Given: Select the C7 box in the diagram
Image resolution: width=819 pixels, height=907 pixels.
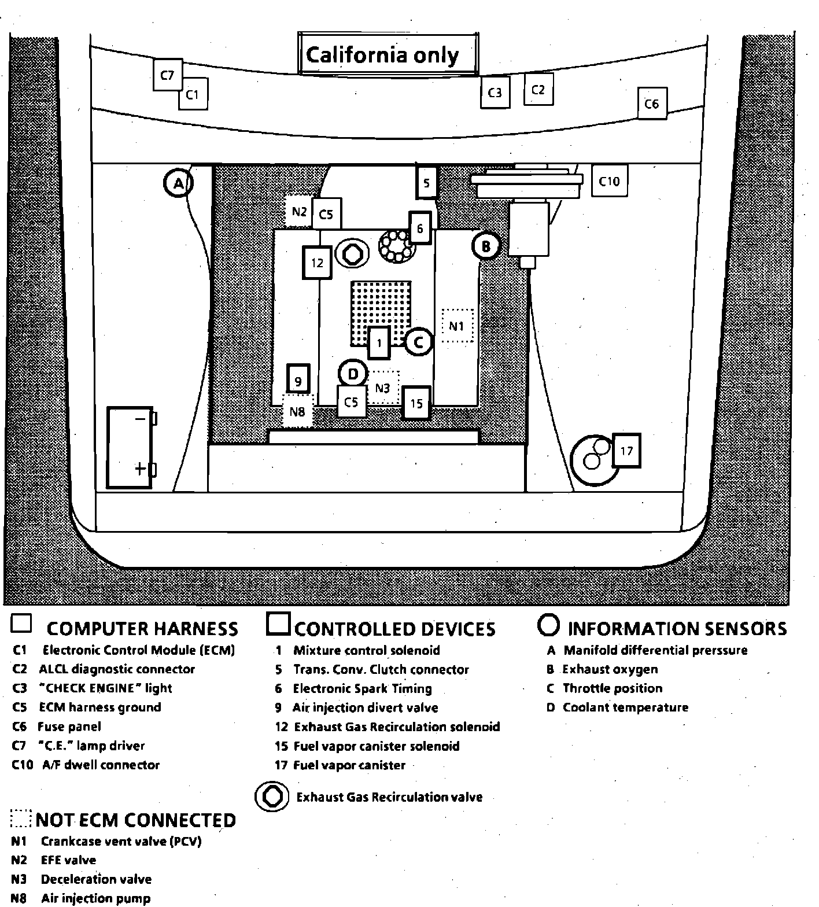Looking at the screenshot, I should (167, 75).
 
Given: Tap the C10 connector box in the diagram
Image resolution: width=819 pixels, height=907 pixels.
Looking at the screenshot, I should (609, 182).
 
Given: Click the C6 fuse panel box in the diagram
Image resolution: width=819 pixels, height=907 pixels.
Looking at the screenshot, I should (652, 104).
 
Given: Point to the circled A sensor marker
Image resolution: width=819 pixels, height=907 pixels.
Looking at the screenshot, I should (178, 183).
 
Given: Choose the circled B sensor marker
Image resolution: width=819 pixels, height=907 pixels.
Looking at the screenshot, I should (486, 247).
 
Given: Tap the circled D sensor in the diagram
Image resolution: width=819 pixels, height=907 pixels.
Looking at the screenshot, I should (353, 374).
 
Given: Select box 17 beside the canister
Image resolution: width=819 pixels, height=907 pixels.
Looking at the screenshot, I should (626, 451).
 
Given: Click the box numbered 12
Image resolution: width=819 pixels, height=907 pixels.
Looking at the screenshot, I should (317, 263).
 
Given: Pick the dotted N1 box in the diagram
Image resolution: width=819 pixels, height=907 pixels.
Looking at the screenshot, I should (457, 326).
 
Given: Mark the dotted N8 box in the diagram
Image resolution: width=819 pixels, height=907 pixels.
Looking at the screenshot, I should (297, 412).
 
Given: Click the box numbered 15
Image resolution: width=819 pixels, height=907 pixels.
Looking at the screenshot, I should (416, 403).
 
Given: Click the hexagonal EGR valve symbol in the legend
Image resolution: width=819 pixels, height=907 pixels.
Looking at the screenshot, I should (272, 797).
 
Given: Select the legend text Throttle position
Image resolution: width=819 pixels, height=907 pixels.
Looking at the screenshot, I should (613, 688).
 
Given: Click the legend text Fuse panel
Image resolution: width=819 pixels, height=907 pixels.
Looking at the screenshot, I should (69, 727).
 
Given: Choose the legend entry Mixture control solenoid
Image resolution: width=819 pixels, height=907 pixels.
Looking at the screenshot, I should (367, 650).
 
